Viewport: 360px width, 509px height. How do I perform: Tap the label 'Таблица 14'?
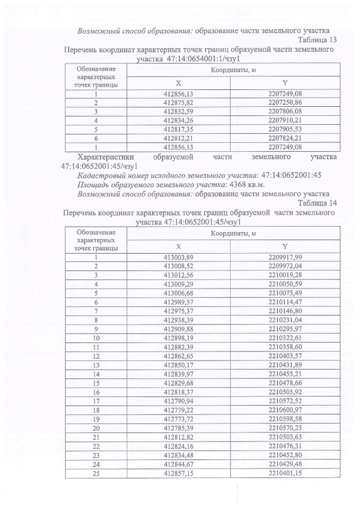pyautogui.click(x=317, y=203)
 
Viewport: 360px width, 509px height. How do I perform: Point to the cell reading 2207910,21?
pyautogui.click(x=285, y=120)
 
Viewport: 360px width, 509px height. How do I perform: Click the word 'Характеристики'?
pyautogui.click(x=104, y=158)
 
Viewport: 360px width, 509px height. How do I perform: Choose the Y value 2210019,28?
pyautogui.click(x=285, y=275)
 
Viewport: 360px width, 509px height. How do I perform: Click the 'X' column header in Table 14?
pyautogui.click(x=178, y=246)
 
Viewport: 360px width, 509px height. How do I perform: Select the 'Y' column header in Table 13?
pyautogui.click(x=285, y=83)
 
